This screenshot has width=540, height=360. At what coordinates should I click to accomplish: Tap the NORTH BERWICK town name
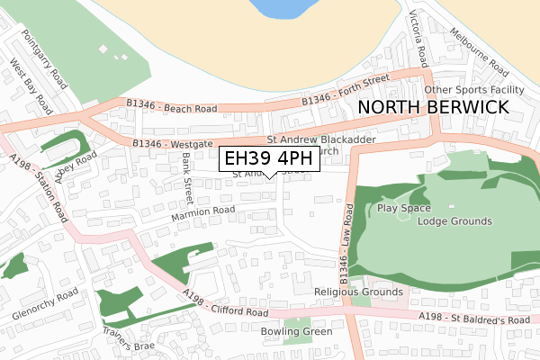point(433,107)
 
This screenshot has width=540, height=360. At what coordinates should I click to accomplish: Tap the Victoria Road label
point(418,38)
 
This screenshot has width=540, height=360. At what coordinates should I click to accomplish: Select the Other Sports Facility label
point(473,90)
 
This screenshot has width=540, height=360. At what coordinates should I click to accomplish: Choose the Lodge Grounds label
point(454,220)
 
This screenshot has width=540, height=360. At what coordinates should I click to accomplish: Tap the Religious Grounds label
point(358,292)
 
